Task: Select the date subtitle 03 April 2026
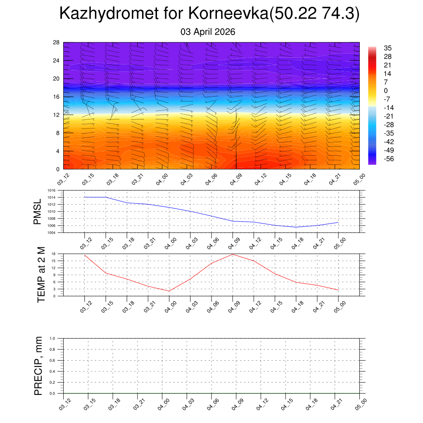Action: [x=208, y=32]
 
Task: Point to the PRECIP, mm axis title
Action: [x=38, y=366]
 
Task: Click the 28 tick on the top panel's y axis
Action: [x=57, y=43]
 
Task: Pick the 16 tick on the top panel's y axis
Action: [x=57, y=97]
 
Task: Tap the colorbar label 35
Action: [x=387, y=48]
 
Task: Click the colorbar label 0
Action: [x=386, y=90]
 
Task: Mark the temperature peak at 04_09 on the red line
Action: [x=233, y=254]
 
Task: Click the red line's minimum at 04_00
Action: [x=169, y=291]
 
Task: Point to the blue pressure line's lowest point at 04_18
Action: [x=296, y=227]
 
